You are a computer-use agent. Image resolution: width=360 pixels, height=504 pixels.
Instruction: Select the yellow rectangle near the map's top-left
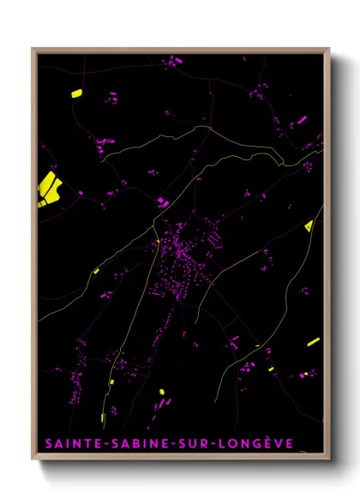pyautogui.click(x=75, y=93)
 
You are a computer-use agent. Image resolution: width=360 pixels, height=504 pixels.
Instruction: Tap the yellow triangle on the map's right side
pyautogui.click(x=309, y=226)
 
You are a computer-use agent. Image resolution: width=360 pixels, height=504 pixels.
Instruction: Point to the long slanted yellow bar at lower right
pyautogui.click(x=313, y=342)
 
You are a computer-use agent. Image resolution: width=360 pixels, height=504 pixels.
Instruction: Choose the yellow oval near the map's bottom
pyautogui.click(x=161, y=392)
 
